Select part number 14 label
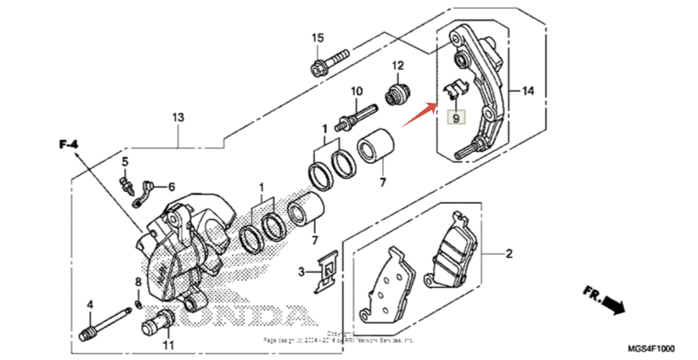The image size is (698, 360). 527,91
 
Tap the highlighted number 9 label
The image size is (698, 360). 456,118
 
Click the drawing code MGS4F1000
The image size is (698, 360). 651,349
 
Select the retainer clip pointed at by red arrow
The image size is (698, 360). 455,88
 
